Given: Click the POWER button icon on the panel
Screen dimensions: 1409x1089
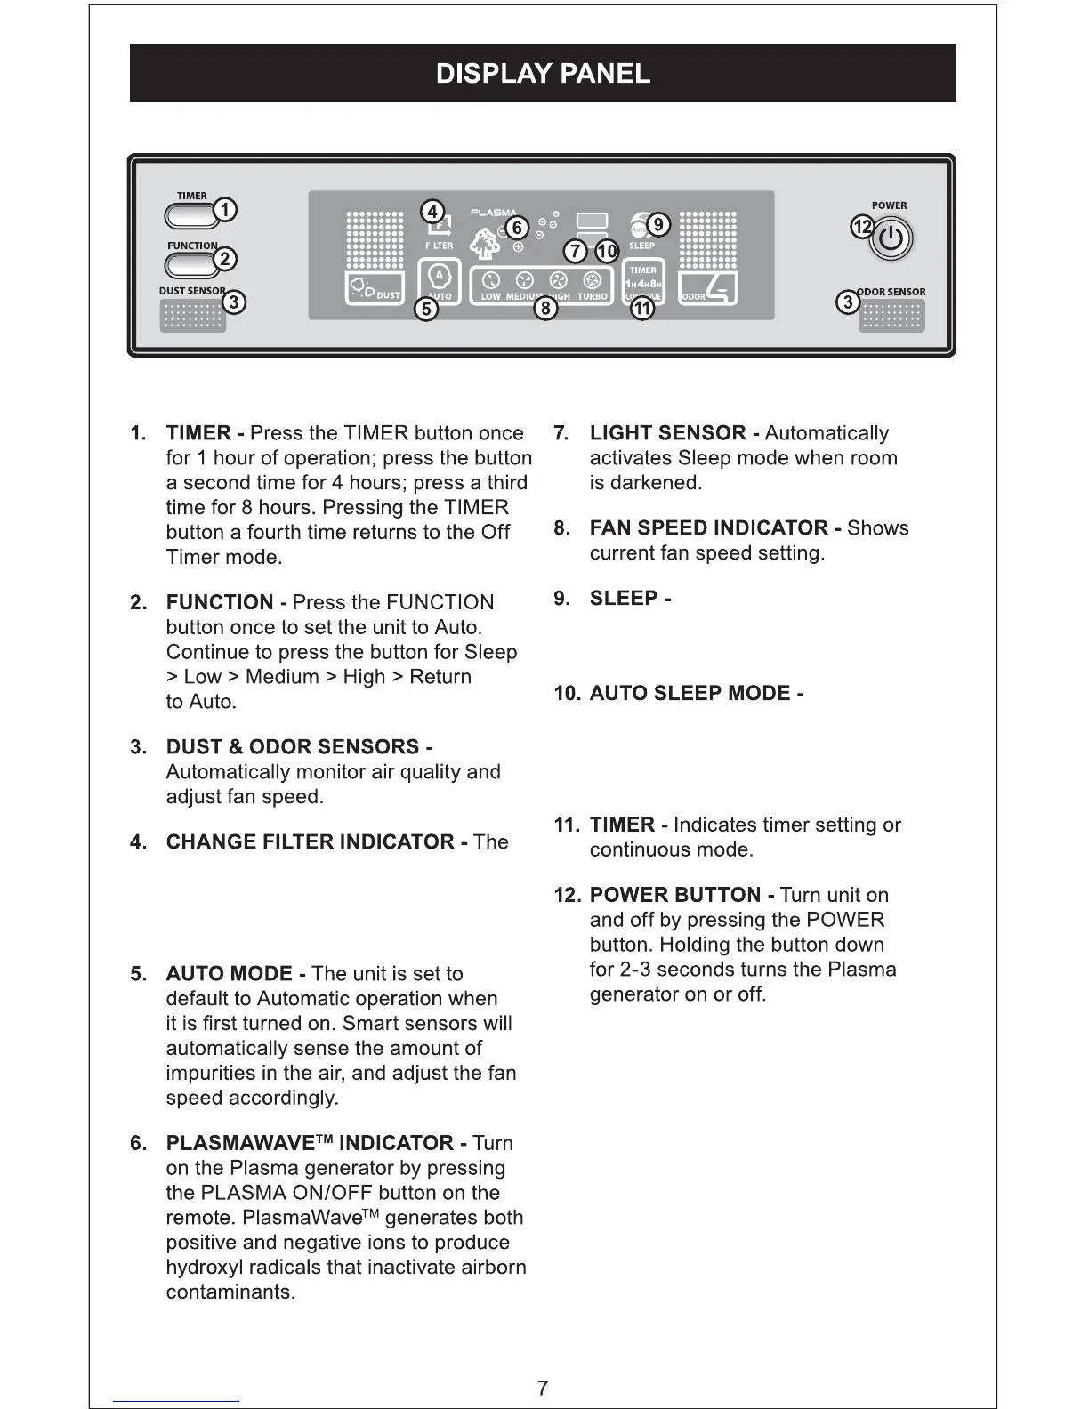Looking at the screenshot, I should click(x=892, y=238).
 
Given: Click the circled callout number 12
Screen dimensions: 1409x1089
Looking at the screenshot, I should click(x=861, y=227).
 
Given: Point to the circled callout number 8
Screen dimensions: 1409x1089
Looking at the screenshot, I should click(x=544, y=309).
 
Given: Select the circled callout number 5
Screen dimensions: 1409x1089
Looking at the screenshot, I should click(x=427, y=309).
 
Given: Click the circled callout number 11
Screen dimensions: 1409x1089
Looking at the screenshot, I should click(x=641, y=309).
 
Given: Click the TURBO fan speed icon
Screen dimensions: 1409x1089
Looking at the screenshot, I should click(x=592, y=281).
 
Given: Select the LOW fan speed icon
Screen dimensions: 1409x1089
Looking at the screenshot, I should click(x=490, y=281).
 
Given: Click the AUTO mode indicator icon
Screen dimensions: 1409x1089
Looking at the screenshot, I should click(x=440, y=276).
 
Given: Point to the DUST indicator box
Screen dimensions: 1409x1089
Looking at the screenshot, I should click(x=374, y=288).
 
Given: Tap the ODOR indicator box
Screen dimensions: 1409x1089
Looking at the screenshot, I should click(x=708, y=288).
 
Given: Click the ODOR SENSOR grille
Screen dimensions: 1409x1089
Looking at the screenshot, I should click(x=891, y=316).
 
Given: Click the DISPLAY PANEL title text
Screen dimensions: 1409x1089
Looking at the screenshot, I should click(x=543, y=73).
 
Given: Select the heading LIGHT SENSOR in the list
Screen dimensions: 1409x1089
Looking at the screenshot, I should click(x=667, y=433).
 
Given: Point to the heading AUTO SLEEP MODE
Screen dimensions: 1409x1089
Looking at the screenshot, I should click(x=690, y=693).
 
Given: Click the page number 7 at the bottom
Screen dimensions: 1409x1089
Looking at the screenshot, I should click(x=543, y=1388).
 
